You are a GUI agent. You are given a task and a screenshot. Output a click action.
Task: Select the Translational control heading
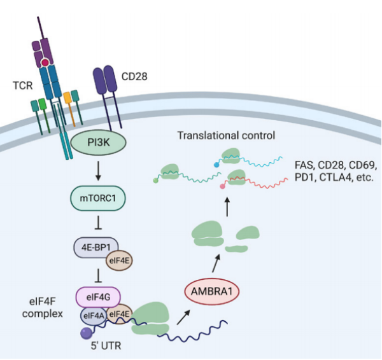(x=226, y=135)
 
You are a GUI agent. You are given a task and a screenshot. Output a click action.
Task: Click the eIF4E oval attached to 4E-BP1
(x=118, y=260)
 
